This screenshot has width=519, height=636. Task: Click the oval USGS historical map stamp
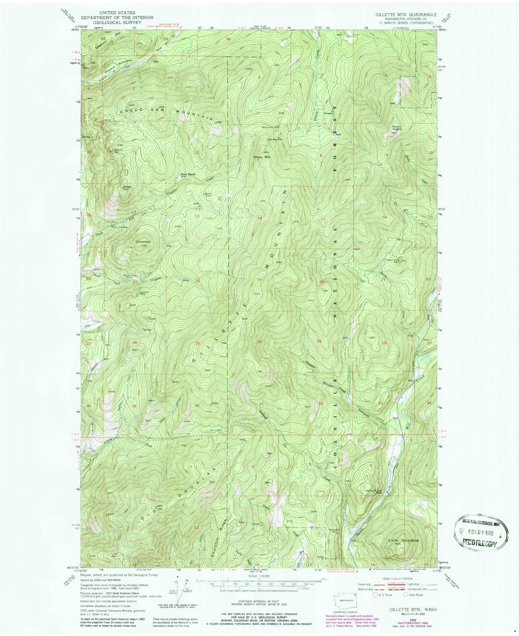(482, 530)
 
